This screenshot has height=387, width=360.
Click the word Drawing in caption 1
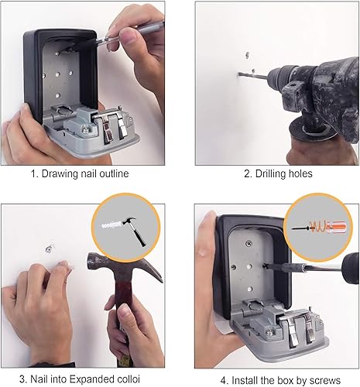(60, 174)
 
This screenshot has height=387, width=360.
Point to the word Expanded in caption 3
(93, 379)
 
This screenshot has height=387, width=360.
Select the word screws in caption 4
(325, 381)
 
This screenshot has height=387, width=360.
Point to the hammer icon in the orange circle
(135, 231)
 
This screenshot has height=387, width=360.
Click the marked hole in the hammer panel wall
(49, 248)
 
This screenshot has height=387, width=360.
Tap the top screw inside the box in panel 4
(249, 243)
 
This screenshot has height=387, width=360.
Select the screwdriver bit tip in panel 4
(264, 265)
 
